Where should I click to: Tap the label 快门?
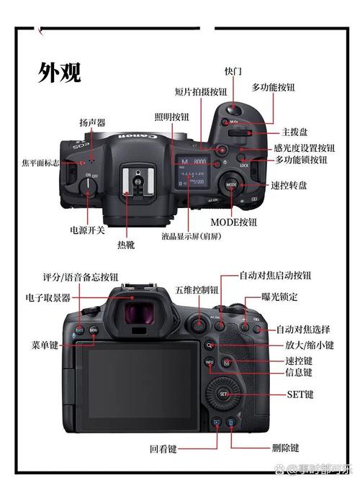tap(233, 71)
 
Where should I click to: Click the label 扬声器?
tap(92, 123)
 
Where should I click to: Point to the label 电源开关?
tap(87, 230)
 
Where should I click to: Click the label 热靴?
tap(125, 245)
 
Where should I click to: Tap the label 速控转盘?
tap(289, 185)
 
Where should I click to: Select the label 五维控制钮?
tap(197, 290)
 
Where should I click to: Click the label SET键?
tap(300, 394)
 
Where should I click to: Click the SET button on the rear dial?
tap(223, 394)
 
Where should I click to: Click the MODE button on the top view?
tap(231, 185)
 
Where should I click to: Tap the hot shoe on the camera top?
tap(129, 180)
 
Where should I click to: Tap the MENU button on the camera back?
tap(94, 330)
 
